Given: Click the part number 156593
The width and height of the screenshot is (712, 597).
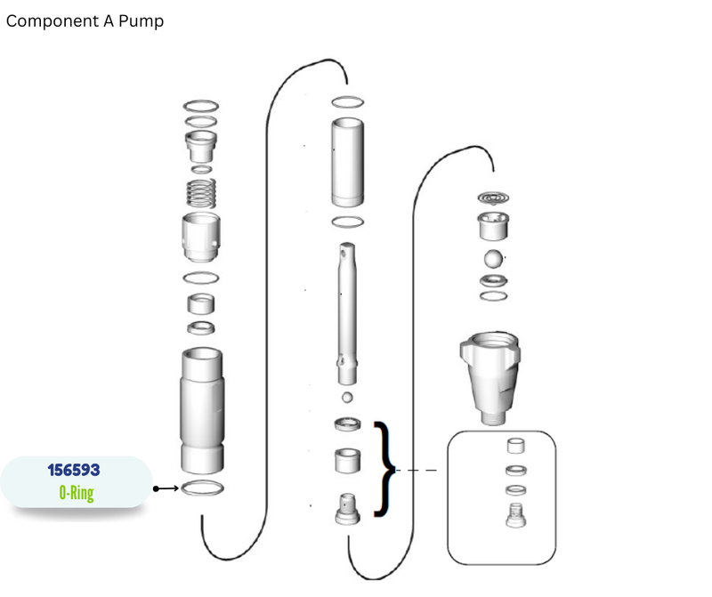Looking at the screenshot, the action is pos(74,470).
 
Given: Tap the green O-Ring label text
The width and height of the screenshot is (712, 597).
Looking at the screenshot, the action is pos(77,493).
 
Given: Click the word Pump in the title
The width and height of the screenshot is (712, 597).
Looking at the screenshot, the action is pos(141,21).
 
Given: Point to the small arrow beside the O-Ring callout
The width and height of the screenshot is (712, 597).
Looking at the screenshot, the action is pos(166,488).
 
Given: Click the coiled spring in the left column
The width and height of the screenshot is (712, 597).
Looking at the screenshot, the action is pos(201,193).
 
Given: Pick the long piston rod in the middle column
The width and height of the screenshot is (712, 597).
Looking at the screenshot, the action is pos(347,314).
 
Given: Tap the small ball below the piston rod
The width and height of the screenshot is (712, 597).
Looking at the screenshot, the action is pos(347,397).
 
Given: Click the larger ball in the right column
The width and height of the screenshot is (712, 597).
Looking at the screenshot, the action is pos(493,259).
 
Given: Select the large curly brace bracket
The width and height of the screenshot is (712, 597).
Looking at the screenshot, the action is pos(384,469).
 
